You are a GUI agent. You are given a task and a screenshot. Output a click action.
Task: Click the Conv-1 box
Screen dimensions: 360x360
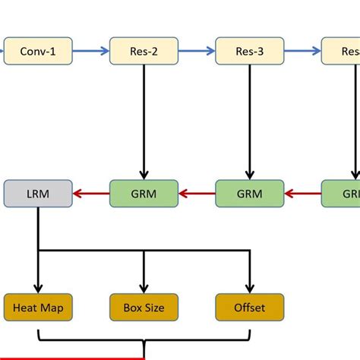coord(38,52)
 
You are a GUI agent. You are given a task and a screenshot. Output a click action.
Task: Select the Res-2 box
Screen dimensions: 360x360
coord(144,52)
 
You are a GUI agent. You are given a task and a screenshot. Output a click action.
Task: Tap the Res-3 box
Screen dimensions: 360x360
coord(250,52)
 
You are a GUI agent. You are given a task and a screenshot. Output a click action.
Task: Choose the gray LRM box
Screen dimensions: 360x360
coord(38,194)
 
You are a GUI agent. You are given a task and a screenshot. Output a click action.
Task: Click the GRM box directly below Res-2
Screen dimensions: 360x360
coord(144,194)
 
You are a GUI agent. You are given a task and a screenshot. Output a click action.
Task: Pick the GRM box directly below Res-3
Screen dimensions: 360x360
coord(250,194)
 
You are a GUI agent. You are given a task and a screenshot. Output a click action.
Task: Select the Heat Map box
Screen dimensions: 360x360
coord(38,308)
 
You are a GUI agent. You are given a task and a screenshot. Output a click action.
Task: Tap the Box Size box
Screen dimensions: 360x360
coord(144,308)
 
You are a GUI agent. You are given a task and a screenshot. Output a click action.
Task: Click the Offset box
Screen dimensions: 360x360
coord(250,308)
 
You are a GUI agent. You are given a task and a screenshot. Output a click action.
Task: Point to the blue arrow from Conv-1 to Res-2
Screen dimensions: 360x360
coord(90,52)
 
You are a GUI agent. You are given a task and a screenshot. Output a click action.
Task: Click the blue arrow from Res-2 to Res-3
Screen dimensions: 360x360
coord(197,52)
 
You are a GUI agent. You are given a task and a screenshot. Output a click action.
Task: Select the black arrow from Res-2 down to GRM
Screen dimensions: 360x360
coord(144,122)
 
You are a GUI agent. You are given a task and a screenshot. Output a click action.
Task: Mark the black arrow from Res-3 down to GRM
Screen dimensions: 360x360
coord(250,122)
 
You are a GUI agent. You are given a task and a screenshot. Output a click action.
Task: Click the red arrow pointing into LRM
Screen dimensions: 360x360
coord(90,194)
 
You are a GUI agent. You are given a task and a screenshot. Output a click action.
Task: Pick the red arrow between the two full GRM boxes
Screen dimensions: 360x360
coord(197,194)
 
